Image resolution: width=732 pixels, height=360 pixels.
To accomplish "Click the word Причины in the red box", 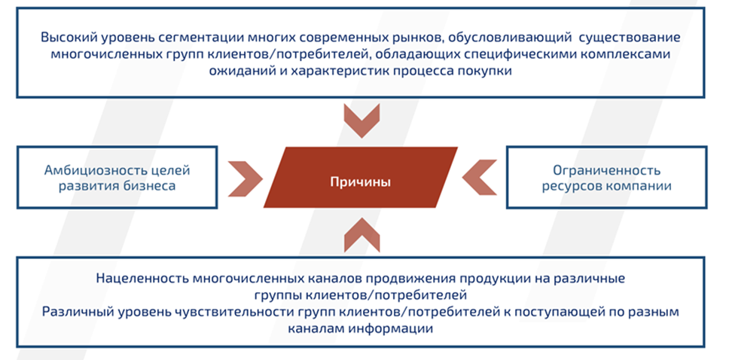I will [x=360, y=182].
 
